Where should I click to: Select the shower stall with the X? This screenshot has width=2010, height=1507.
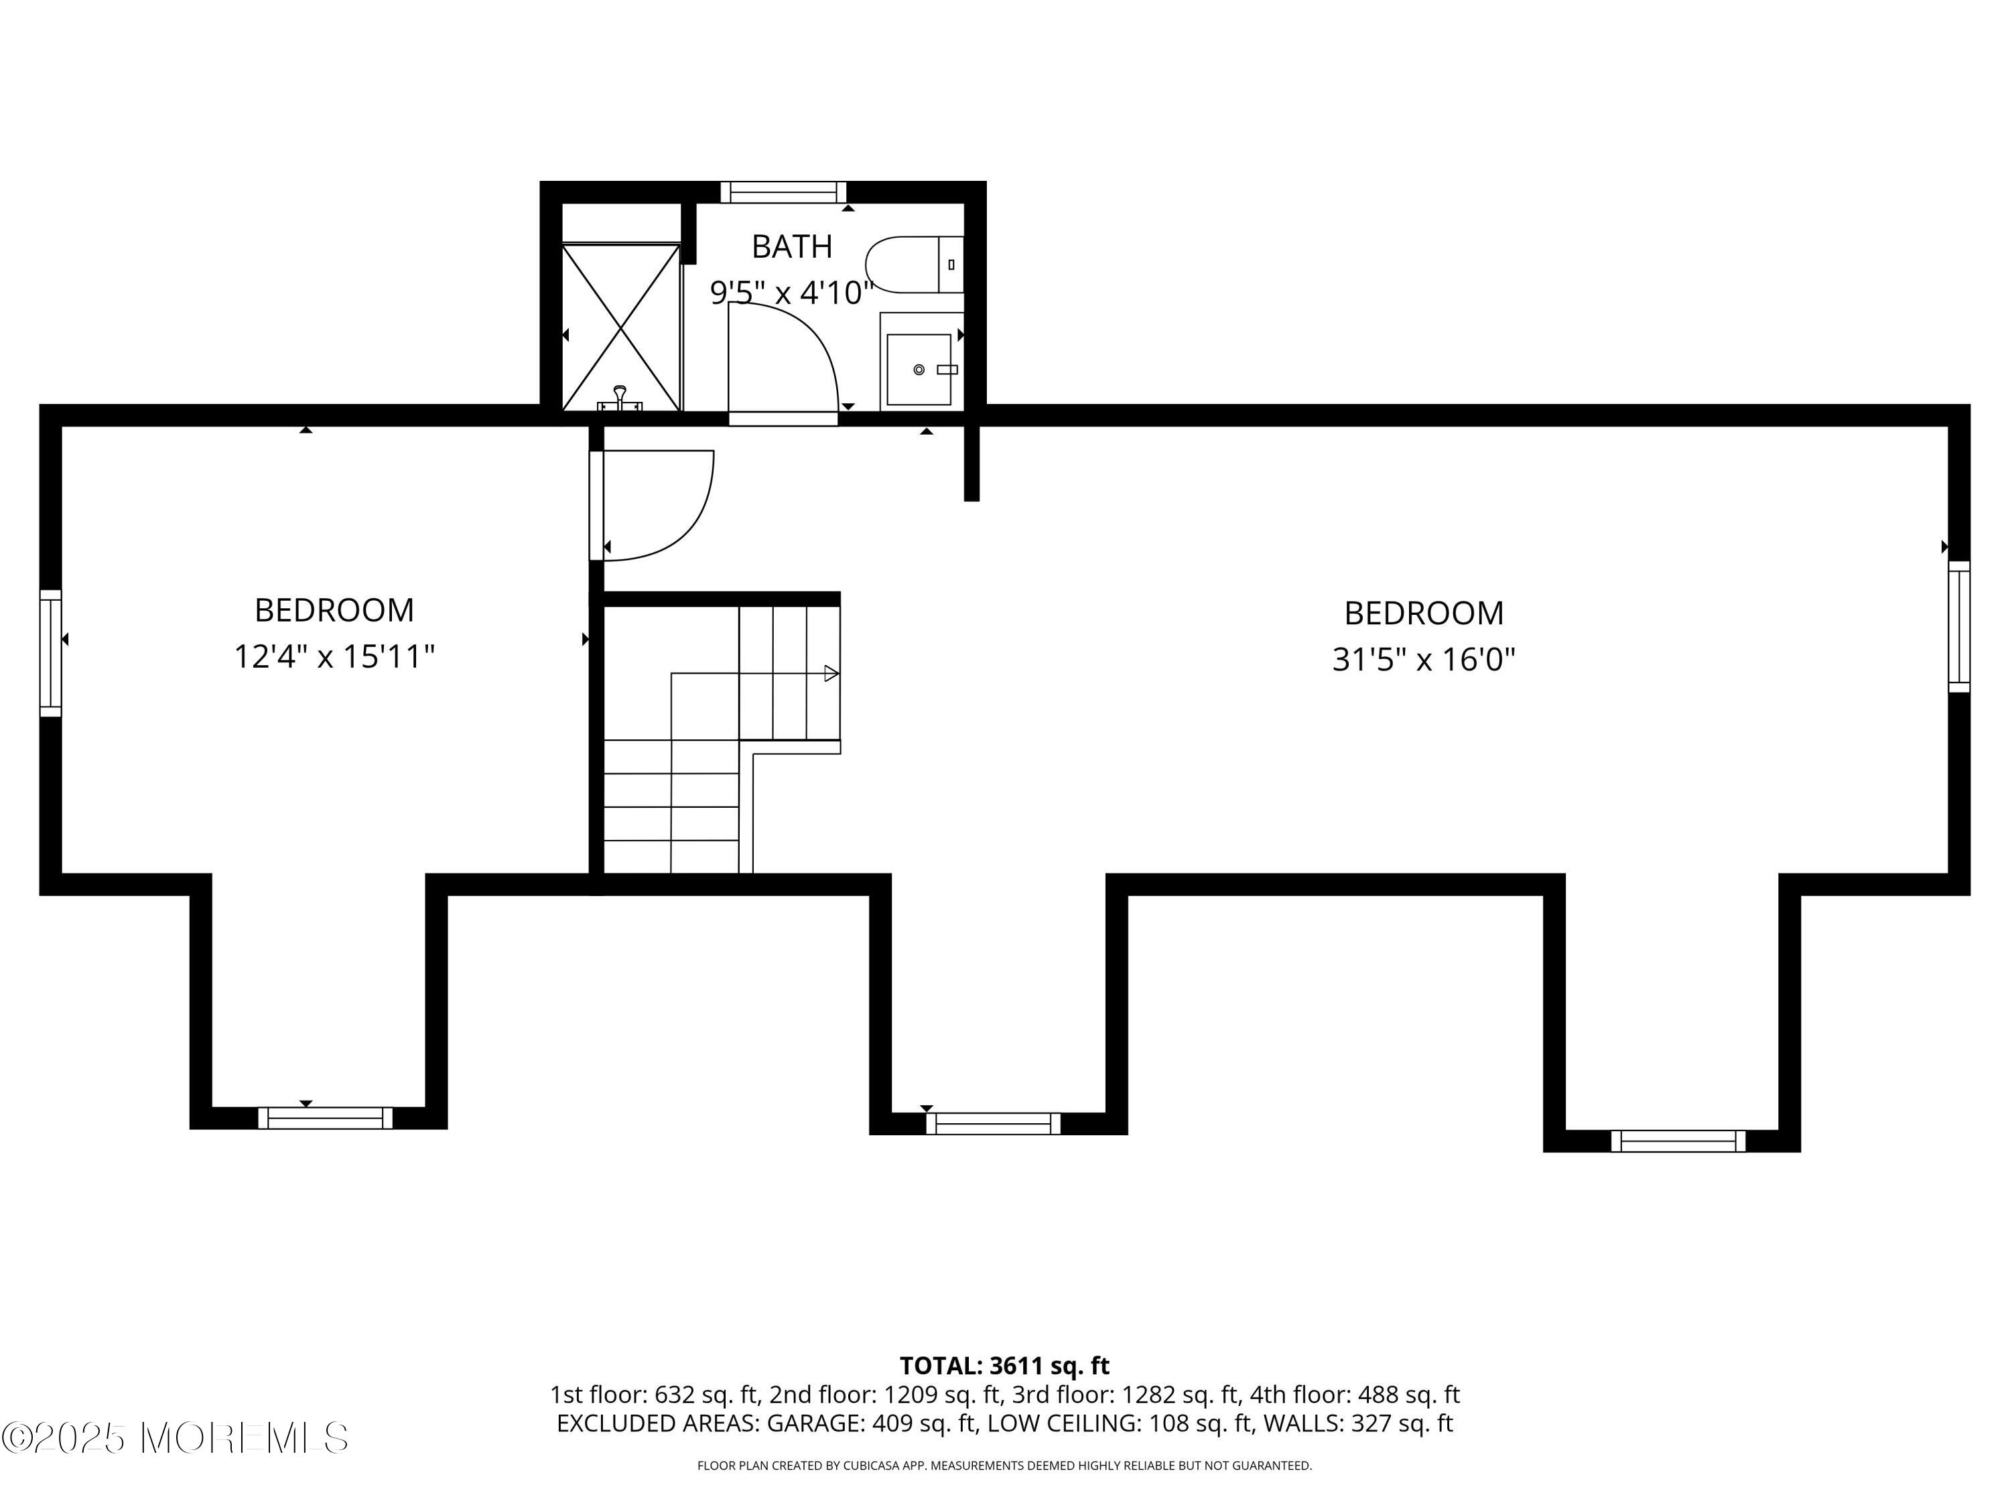[x=620, y=327]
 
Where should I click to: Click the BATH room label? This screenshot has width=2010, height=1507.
[x=791, y=246]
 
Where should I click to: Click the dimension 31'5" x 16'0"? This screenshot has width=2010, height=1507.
[x=1423, y=660]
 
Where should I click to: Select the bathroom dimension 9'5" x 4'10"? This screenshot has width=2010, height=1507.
[x=791, y=293]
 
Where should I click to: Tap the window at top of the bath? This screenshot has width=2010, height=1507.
[x=783, y=192]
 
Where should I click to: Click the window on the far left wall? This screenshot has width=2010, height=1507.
[x=50, y=653]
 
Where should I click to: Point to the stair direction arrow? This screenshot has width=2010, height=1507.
[x=831, y=673]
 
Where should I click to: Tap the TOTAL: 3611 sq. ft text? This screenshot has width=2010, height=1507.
[x=1004, y=1365]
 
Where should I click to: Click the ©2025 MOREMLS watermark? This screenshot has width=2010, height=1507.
[x=174, y=1438]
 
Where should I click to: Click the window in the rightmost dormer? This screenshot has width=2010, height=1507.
[x=1678, y=1140]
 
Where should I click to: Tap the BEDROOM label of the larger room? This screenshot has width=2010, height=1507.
[x=1423, y=613]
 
